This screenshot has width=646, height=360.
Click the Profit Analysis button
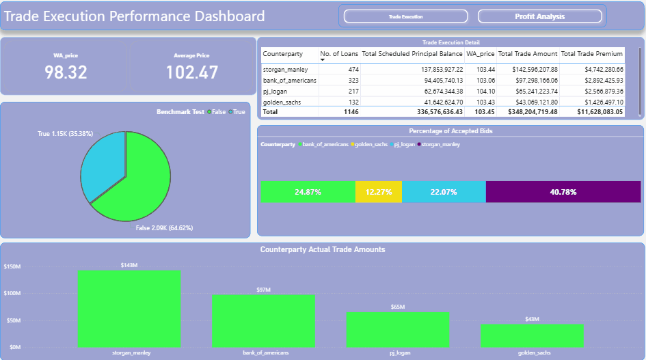(x=539, y=16)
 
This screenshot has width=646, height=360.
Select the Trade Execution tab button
(x=405, y=16)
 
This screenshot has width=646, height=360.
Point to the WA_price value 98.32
(x=66, y=72)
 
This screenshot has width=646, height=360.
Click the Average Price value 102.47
(x=191, y=72)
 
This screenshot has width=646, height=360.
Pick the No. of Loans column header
(x=339, y=53)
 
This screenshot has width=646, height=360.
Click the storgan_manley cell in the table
(x=285, y=70)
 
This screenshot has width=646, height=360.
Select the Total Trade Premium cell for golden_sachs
(x=600, y=101)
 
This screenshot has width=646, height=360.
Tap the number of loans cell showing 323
(x=349, y=80)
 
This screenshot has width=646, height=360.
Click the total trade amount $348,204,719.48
(x=527, y=111)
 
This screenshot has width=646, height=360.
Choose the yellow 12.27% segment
(x=378, y=192)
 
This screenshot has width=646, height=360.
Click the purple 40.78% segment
(x=563, y=192)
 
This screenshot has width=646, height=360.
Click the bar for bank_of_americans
(x=263, y=320)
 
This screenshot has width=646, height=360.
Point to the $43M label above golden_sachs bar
(x=532, y=320)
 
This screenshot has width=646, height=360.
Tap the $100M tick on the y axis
(x=12, y=293)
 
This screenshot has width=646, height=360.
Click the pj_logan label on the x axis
(x=398, y=353)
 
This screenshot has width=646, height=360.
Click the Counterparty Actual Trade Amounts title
(x=322, y=249)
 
